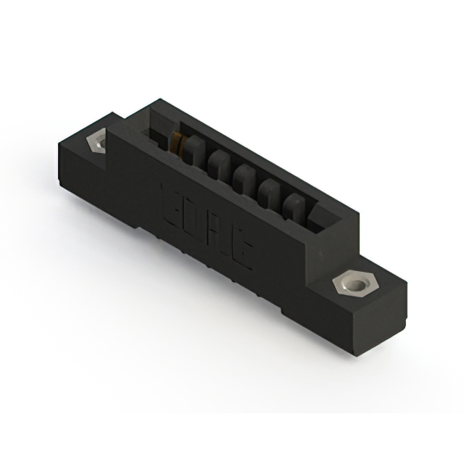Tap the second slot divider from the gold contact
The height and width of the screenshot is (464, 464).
(x=217, y=165)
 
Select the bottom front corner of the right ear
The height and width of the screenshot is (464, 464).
(x=357, y=354)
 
